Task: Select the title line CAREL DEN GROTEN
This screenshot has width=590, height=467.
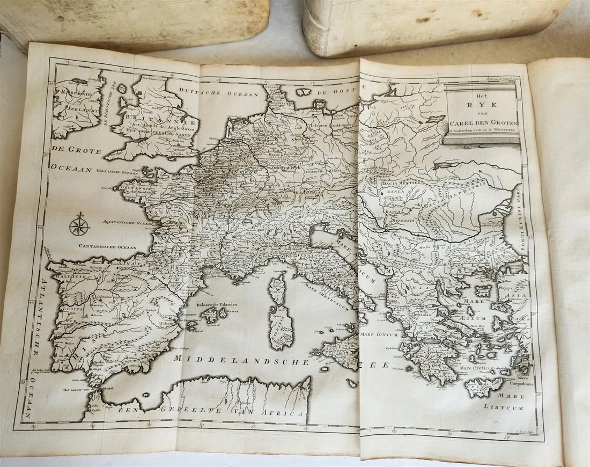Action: (x=481, y=122)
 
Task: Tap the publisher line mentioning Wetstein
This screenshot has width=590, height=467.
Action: (x=482, y=130)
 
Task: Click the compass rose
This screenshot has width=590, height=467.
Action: (x=79, y=224)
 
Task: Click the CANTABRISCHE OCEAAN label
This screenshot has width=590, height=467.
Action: (x=108, y=247)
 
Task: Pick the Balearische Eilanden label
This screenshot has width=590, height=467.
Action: (x=217, y=304)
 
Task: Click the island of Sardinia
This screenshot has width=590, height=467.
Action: (x=282, y=326)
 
